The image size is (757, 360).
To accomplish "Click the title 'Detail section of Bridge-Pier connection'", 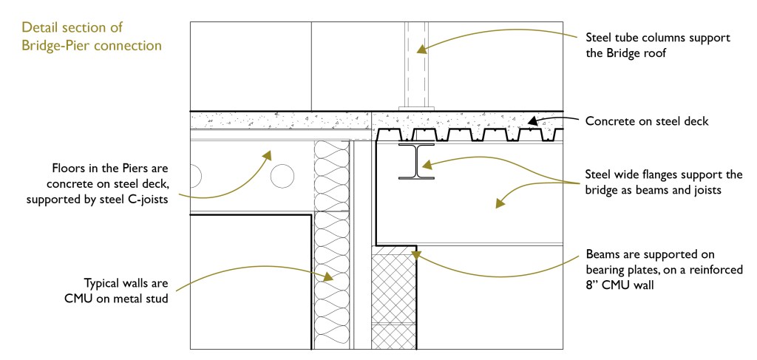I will (x=92, y=36).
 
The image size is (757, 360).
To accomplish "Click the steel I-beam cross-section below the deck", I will (x=416, y=161).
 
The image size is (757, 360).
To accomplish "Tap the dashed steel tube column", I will (x=416, y=63).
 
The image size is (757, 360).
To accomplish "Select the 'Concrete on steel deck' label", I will (x=647, y=120).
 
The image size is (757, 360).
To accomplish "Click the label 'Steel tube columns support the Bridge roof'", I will (x=658, y=45).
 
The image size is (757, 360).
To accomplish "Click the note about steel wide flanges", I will (x=663, y=183).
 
